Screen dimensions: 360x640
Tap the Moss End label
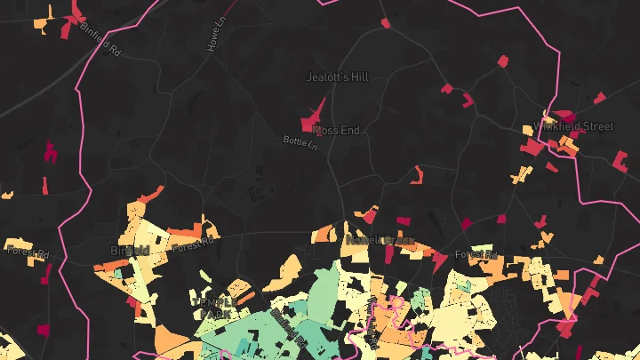tap(337, 131)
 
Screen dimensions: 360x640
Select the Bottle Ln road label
tap(300, 142)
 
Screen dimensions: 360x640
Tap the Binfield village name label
tap(129, 251)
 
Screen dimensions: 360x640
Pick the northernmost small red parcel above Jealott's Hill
tap(385, 22)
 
